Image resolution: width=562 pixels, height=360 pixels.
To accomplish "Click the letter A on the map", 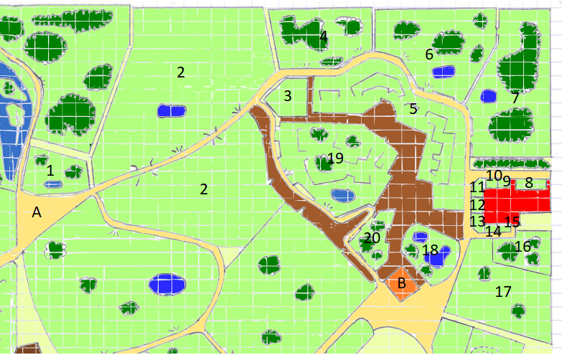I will coord(37,212).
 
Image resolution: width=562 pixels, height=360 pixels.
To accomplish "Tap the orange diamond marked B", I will coord(402,283).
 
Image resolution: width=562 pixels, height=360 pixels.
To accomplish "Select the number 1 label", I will coord(50,171).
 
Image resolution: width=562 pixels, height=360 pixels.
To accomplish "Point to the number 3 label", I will coord(287,96).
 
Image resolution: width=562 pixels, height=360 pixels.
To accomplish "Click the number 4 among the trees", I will coord(324,36).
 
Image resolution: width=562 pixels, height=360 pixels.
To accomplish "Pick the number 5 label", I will coord(413,109).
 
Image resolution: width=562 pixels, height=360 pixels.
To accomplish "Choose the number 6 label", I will coord(429,54).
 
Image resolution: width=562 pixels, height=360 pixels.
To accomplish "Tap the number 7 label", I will coord(515,98).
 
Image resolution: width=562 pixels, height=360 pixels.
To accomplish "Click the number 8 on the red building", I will coord(529,183).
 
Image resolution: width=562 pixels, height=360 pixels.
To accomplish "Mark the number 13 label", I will coord(478,222).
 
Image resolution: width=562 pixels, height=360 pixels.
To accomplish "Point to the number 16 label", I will coord(523,247).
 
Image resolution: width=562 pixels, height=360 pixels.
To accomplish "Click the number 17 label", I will coord(503,292).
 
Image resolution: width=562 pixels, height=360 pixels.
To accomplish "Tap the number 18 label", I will coord(430,250).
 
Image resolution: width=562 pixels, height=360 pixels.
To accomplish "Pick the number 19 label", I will coord(335,158).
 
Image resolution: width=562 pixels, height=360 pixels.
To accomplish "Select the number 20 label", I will coord(372,238).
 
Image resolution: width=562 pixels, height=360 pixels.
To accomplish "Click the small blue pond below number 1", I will coord(50,184).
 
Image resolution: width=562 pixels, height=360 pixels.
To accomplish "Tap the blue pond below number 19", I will coord(342,194).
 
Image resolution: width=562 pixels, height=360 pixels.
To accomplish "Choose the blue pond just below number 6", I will coord(444,72).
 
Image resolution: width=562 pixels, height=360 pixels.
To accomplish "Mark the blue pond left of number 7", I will coord(489,96).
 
